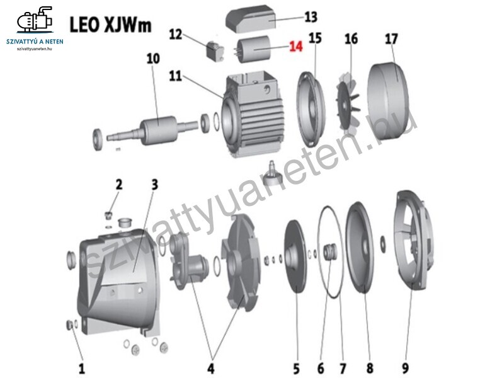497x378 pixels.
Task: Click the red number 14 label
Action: point(296,47)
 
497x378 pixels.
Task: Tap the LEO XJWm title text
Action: point(111,25)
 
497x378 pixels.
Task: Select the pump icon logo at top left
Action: point(35,20)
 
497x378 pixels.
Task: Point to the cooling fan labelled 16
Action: point(348,101)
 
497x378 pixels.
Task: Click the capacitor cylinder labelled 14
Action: point(253,49)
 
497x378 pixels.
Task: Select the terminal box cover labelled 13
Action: point(251,19)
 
